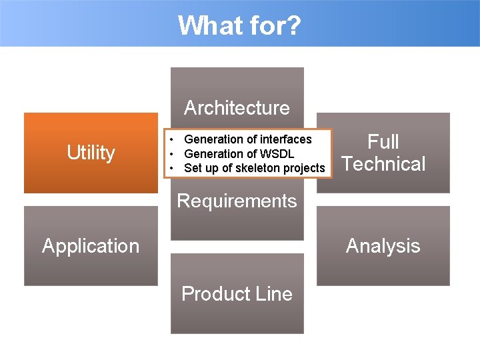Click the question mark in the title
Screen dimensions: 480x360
(293, 26)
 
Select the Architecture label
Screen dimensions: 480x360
(237, 107)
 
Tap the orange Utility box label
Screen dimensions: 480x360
(91, 153)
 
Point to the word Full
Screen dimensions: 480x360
(383, 141)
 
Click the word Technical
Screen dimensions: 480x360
(383, 164)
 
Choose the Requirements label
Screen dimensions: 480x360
(237, 201)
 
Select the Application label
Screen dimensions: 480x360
(91, 246)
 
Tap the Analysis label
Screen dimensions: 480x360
(383, 246)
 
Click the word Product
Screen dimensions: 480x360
(214, 294)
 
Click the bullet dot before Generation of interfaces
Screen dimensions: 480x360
(171, 139)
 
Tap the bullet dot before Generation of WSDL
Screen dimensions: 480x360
(171, 154)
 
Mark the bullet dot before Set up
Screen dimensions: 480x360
(171, 168)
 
